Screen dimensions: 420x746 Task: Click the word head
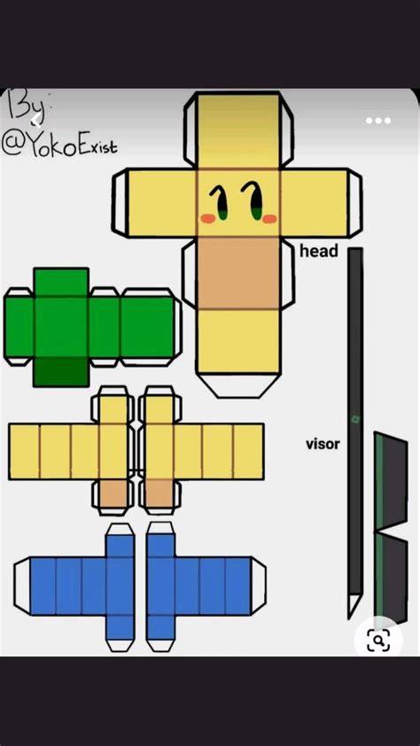point(319,251)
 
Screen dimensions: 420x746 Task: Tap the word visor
point(323,445)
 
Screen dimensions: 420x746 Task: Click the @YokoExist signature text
point(59,143)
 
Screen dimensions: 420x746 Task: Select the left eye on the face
point(220,202)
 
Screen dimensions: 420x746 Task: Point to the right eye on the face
point(253,201)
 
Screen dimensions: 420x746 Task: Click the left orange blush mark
point(208,218)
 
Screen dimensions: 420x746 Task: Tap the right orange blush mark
point(269,218)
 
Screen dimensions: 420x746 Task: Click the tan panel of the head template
point(238,273)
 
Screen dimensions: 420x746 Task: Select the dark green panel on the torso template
point(61,371)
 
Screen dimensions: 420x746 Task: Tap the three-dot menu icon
point(378,120)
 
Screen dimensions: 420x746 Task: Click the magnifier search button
point(378,640)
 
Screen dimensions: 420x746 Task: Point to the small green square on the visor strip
point(355,420)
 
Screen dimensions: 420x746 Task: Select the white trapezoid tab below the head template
point(237,385)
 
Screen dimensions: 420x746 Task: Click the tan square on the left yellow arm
point(113,493)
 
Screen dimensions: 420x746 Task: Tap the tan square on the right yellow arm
point(159,493)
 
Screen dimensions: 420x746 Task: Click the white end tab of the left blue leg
point(22,586)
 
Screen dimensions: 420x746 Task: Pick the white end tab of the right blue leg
point(258,586)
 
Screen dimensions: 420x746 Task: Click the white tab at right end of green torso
point(178,327)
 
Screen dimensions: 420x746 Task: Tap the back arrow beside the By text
point(36,120)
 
